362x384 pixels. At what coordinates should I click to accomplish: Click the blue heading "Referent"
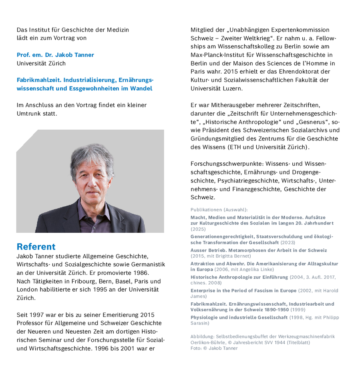coord(36,246)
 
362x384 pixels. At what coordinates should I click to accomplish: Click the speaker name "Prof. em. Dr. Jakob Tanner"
coord(55,55)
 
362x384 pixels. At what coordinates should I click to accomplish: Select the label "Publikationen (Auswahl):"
coord(219,210)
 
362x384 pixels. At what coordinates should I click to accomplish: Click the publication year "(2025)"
coord(198,229)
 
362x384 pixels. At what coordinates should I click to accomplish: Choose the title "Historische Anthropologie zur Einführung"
coord(239,277)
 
